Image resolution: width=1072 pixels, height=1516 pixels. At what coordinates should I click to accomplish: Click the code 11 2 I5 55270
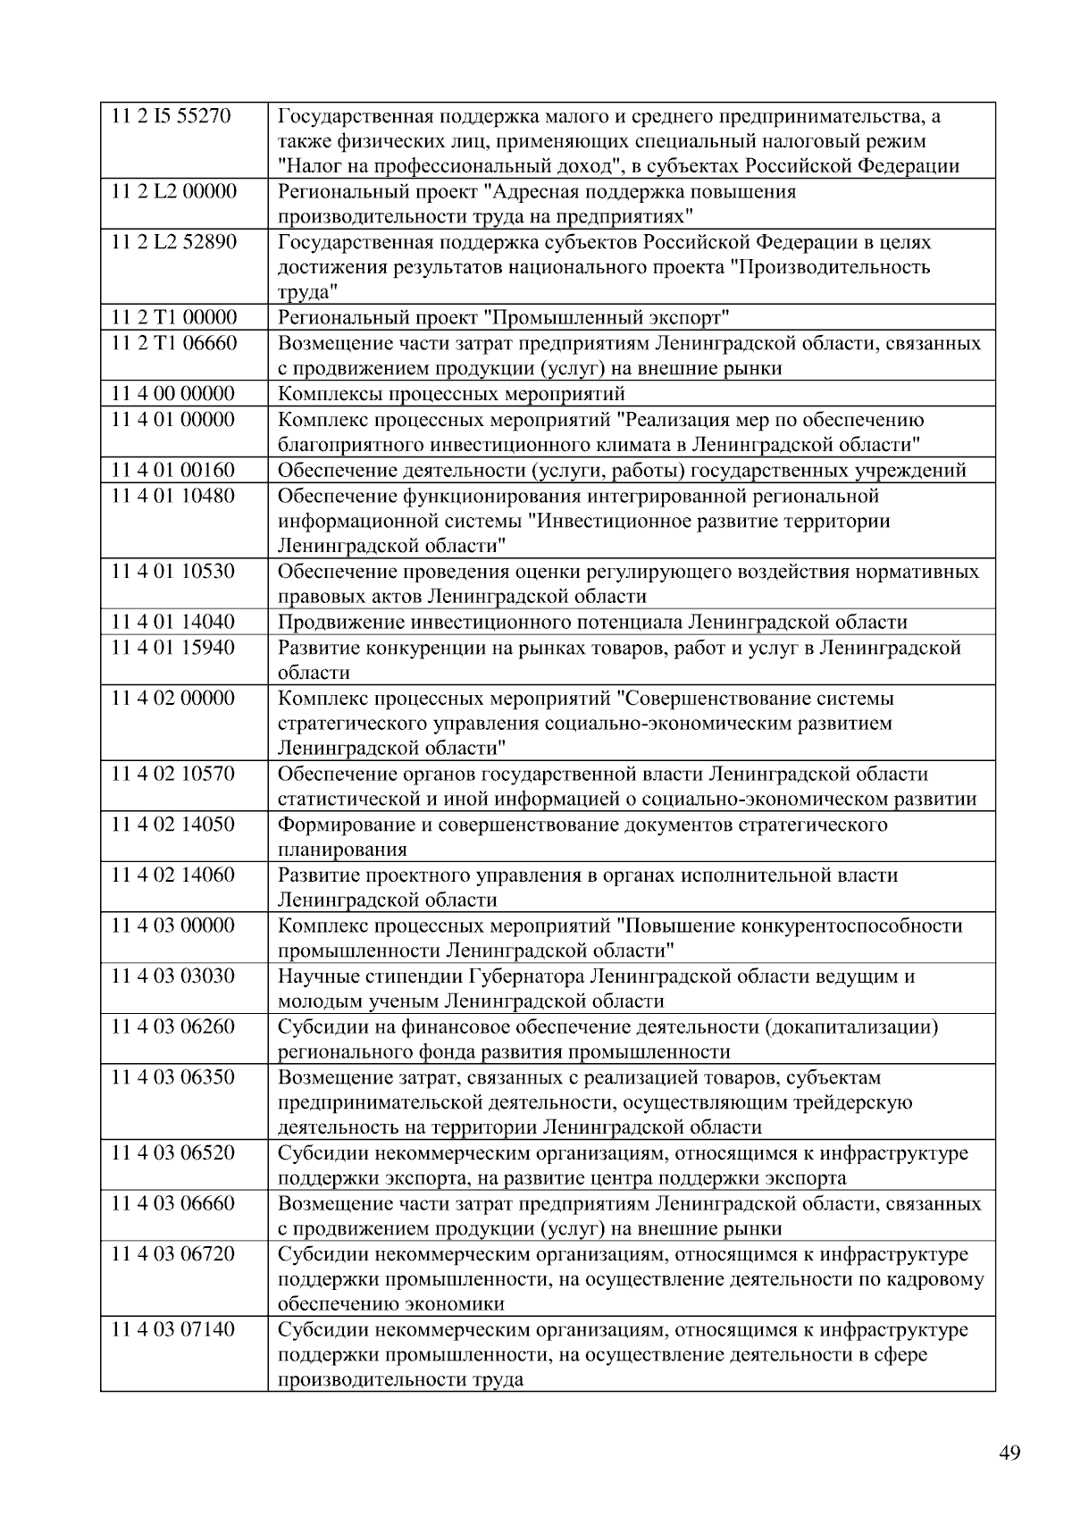pyautogui.click(x=171, y=116)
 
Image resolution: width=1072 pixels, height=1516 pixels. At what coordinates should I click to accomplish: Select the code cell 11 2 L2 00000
pyautogui.click(x=173, y=192)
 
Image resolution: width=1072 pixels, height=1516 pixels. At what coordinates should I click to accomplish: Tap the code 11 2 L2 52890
pyautogui.click(x=173, y=242)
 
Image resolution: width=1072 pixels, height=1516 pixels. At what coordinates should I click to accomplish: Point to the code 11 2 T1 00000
pyautogui.click(x=173, y=318)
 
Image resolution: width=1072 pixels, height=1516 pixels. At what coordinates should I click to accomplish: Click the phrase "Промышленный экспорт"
pyautogui.click(x=607, y=318)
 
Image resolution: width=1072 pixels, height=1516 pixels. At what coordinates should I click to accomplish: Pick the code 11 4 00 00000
pyautogui.click(x=172, y=394)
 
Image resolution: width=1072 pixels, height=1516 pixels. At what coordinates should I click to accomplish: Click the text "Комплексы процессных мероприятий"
pyautogui.click(x=451, y=394)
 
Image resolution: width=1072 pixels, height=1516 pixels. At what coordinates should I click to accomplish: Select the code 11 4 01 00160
pyautogui.click(x=172, y=470)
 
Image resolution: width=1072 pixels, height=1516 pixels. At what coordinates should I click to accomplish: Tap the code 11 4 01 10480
pyautogui.click(x=172, y=496)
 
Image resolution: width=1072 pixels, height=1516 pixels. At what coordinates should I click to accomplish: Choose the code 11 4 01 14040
pyautogui.click(x=172, y=622)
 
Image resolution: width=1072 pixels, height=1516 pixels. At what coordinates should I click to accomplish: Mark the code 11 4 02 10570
pyautogui.click(x=172, y=774)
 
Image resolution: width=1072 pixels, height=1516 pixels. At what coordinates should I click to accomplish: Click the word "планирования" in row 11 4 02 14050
pyautogui.click(x=342, y=850)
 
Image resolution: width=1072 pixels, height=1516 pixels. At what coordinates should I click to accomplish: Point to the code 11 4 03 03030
pyautogui.click(x=172, y=976)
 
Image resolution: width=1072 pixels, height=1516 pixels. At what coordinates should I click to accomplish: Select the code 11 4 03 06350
pyautogui.click(x=172, y=1077)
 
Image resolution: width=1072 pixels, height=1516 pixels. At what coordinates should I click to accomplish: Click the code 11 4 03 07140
pyautogui.click(x=172, y=1330)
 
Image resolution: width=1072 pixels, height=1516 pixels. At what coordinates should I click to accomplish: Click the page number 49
pyautogui.click(x=1009, y=1453)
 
